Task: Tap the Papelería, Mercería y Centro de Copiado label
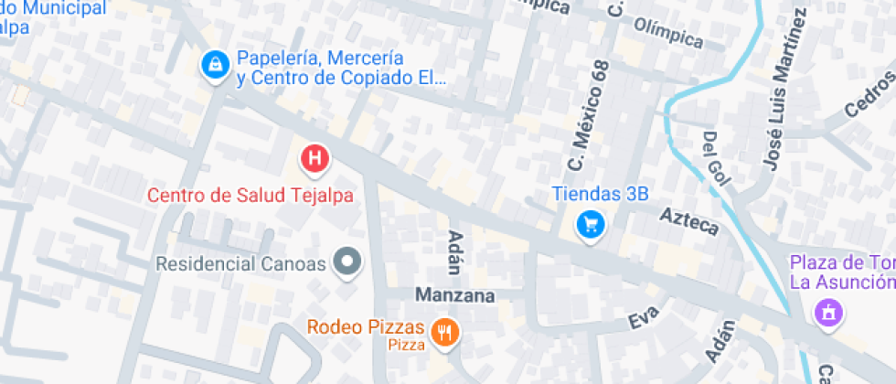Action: pyautogui.click(x=341, y=69)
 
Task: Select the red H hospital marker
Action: pyautogui.click(x=315, y=159)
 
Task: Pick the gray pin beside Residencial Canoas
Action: pyautogui.click(x=347, y=263)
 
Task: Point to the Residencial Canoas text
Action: pyautogui.click(x=241, y=264)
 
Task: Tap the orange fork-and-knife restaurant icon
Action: pyautogui.click(x=445, y=333)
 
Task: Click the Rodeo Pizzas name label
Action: pyautogui.click(x=366, y=327)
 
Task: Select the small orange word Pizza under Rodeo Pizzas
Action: pyautogui.click(x=406, y=346)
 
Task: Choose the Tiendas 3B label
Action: pyautogui.click(x=600, y=194)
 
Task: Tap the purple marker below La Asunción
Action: pyautogui.click(x=829, y=312)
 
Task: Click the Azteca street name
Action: pyautogui.click(x=689, y=221)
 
